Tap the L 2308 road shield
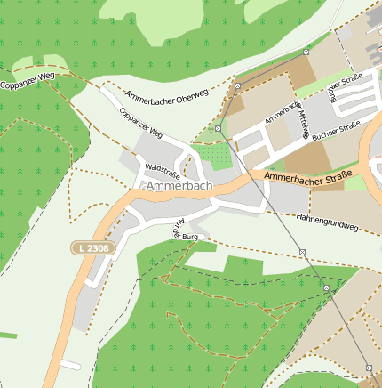pos(92,247)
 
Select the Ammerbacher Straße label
pos(308,178)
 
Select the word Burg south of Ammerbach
pos(189,238)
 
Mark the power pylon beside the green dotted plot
pos(219,128)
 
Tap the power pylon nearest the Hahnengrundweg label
pos(302,253)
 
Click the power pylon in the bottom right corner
pos(369,367)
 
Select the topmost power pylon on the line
pos(306,53)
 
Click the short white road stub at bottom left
pos(68,366)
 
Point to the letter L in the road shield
pos(81,247)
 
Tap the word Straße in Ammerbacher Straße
pos(335,174)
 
